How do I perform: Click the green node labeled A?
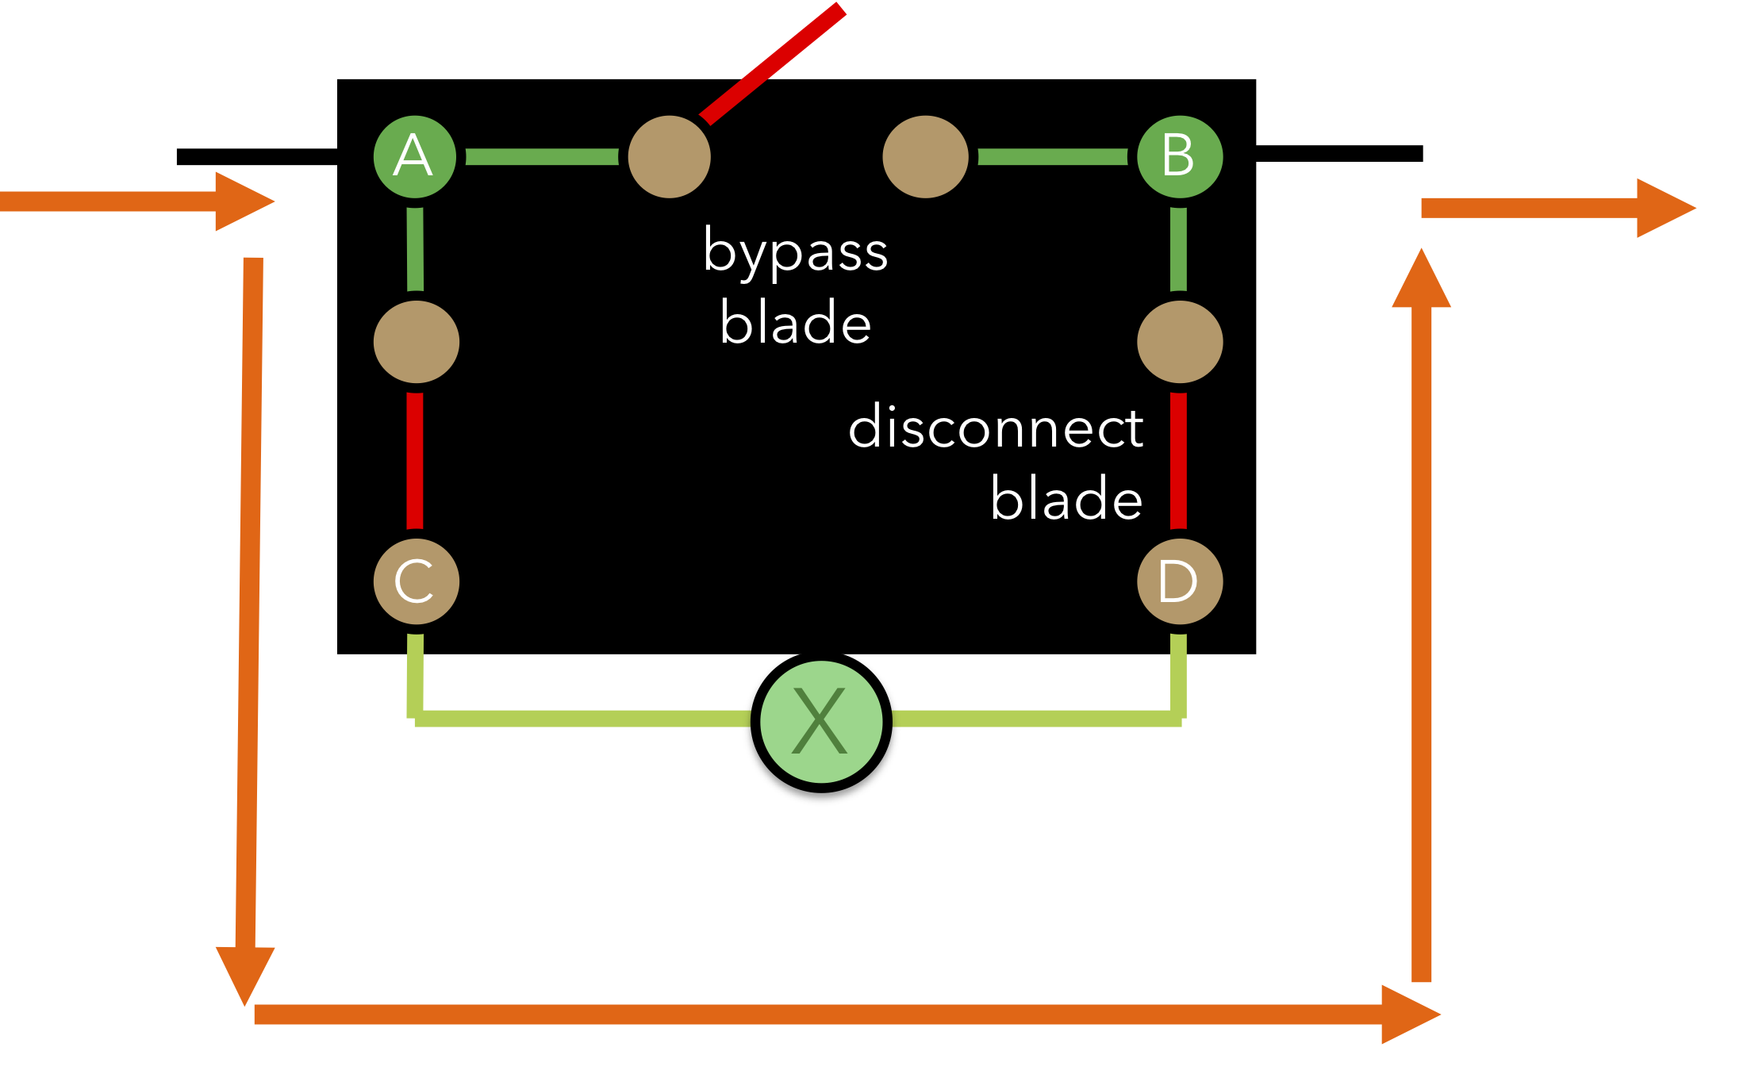pos(414,156)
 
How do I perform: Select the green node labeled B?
pos(1179,156)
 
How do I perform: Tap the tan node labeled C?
pos(416,581)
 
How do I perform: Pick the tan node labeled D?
pos(1179,581)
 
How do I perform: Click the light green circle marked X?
pos(821,722)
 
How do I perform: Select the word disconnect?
pos(996,427)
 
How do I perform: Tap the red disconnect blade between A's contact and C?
pos(415,460)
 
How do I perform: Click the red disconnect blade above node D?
pos(1178,460)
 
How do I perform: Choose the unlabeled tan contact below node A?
pos(416,342)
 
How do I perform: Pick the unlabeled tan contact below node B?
pos(1179,342)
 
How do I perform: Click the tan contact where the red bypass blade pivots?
pos(669,157)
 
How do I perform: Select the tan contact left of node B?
pos(925,157)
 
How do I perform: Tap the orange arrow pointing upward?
pos(1421,619)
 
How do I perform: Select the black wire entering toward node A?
pos(256,157)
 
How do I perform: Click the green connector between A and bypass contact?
pos(542,156)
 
